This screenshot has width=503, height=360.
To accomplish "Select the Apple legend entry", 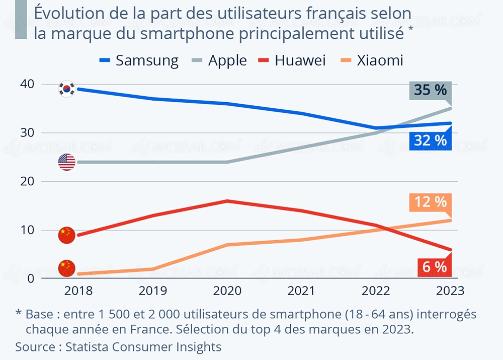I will click(x=219, y=61).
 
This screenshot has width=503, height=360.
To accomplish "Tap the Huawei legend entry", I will click(x=292, y=61).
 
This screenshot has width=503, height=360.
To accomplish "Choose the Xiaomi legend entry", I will click(x=371, y=61).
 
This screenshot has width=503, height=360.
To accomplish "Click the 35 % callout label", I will click(x=430, y=91).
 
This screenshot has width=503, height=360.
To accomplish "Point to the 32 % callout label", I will click(x=430, y=140).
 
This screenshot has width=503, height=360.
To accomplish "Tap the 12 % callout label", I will click(x=430, y=202).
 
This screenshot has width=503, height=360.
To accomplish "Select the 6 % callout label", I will click(x=434, y=267).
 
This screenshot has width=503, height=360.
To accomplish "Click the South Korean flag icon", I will click(x=66, y=89).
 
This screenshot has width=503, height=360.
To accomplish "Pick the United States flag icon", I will click(x=66, y=162).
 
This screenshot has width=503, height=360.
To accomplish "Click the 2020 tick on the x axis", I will click(x=227, y=291).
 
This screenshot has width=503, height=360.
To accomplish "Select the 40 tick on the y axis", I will click(x=30, y=84).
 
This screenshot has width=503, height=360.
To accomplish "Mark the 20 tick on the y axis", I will click(x=30, y=181).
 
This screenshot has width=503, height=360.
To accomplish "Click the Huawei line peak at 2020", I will click(x=227, y=201).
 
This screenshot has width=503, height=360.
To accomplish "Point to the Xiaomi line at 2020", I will click(x=227, y=245).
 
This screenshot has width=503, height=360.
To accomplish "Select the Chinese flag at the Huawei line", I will click(x=66, y=235).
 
